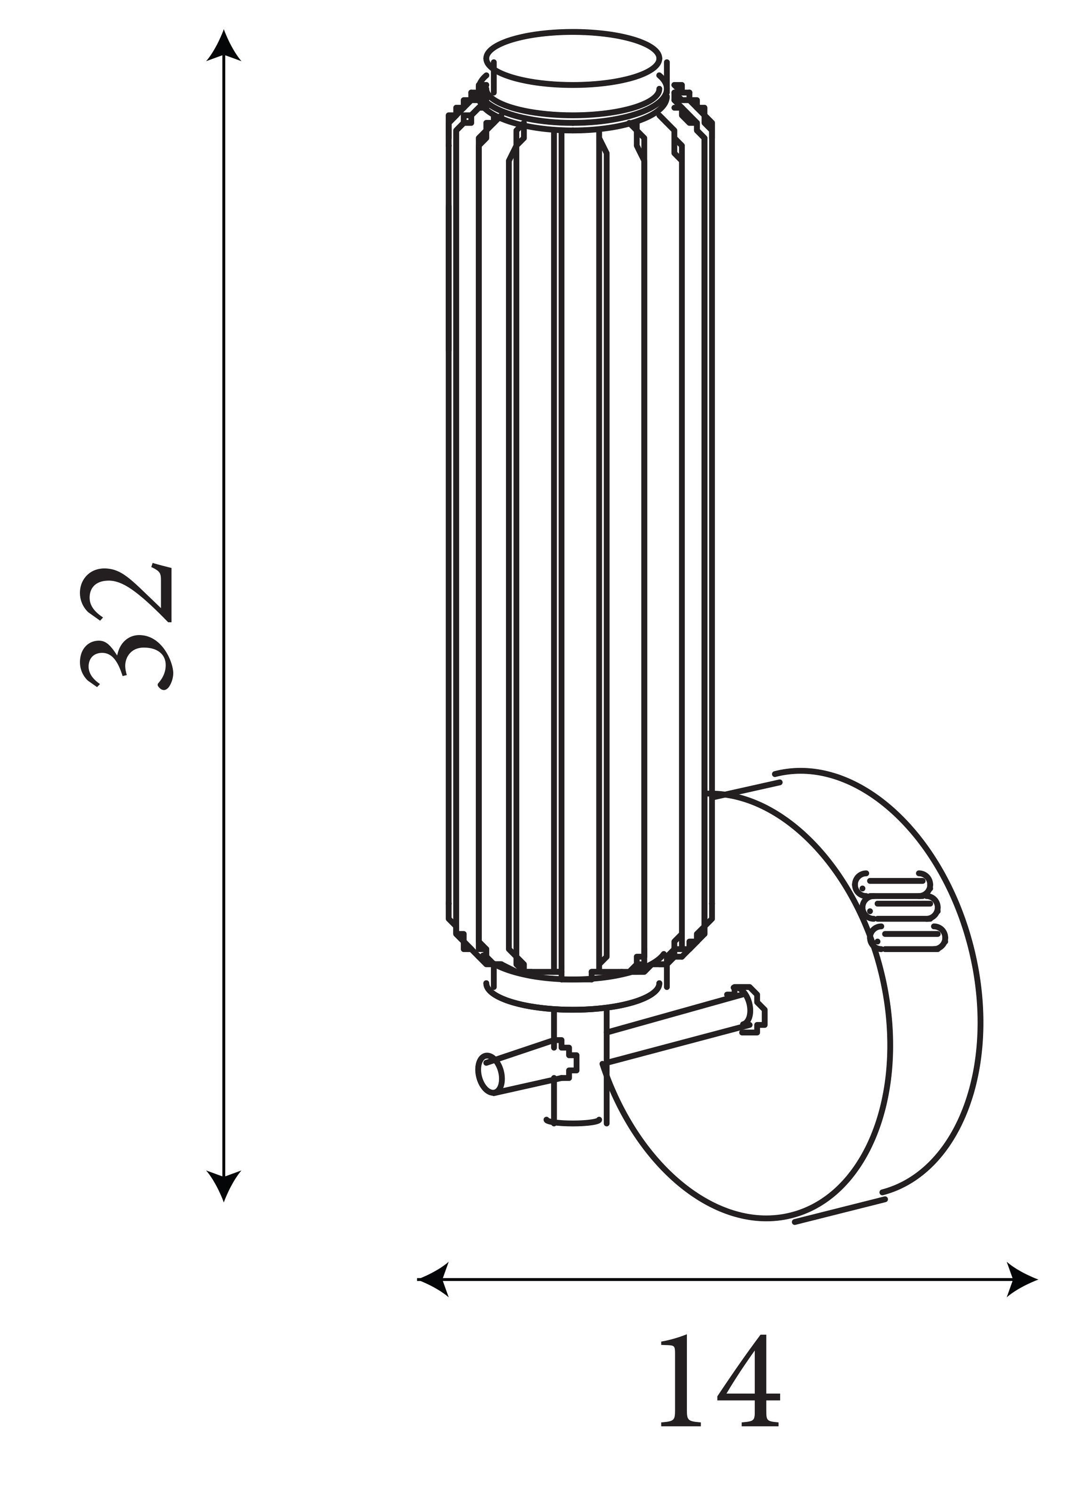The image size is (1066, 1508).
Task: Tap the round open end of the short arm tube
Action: pos(489,1074)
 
